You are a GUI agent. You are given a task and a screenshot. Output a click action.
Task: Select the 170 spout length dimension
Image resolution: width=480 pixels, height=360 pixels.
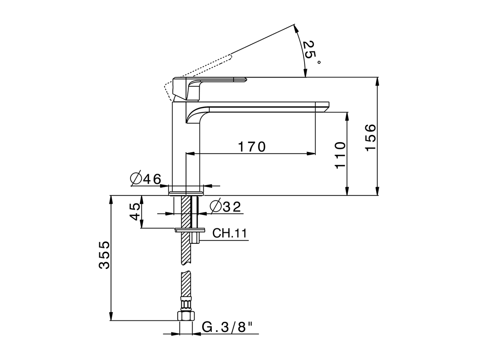coord(252,147)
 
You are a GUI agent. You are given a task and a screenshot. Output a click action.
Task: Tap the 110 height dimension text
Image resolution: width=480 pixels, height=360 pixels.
coord(340,155)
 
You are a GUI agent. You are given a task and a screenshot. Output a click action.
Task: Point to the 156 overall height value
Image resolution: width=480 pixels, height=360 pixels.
coord(370,137)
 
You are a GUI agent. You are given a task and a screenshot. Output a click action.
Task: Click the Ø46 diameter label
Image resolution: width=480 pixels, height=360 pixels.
coord(145,179)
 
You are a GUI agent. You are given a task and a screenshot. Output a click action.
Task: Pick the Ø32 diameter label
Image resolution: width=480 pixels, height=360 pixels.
coord(225,207)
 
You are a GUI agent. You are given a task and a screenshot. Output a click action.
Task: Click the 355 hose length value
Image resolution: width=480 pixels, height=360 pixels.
coord(105,255)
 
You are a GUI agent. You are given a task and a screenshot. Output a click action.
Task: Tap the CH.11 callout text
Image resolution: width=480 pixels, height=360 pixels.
coord(229,234)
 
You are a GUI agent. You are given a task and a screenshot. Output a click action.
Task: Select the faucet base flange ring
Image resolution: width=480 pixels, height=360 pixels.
coord(186,192)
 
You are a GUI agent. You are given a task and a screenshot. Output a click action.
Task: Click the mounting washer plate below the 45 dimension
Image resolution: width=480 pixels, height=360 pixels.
coord(190,229)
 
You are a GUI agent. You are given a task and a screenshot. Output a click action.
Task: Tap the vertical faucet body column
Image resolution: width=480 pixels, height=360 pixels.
coord(179,150)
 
